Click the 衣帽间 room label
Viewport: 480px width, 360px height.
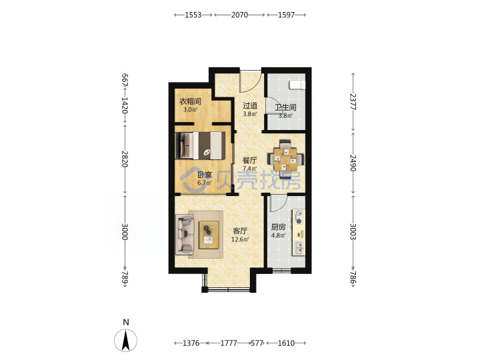click(x=190, y=101)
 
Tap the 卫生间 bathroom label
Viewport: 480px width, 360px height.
click(x=285, y=107)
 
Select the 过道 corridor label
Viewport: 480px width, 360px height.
click(x=250, y=106)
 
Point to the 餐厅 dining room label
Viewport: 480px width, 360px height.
click(x=250, y=161)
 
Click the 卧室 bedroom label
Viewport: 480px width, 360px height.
click(x=205, y=175)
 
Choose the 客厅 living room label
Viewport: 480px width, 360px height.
click(x=240, y=231)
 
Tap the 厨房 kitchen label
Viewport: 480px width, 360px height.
click(x=278, y=227)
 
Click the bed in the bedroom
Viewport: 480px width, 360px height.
click(x=200, y=145)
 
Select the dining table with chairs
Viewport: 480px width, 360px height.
click(x=286, y=159)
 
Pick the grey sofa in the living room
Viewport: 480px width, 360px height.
click(x=185, y=235)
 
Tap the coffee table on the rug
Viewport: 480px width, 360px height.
click(x=209, y=235)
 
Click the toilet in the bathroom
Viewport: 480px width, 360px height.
click(x=297, y=85)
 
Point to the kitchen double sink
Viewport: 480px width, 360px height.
click(x=299, y=248)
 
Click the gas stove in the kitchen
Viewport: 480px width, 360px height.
click(x=299, y=217)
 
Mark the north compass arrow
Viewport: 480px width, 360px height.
click(x=125, y=340)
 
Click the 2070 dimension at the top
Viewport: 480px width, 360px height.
click(x=239, y=15)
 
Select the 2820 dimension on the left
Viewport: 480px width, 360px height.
click(x=125, y=159)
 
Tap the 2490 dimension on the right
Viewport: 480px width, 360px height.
click(x=353, y=163)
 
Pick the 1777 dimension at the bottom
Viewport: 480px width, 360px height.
click(x=229, y=343)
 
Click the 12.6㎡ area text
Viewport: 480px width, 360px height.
click(x=240, y=239)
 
